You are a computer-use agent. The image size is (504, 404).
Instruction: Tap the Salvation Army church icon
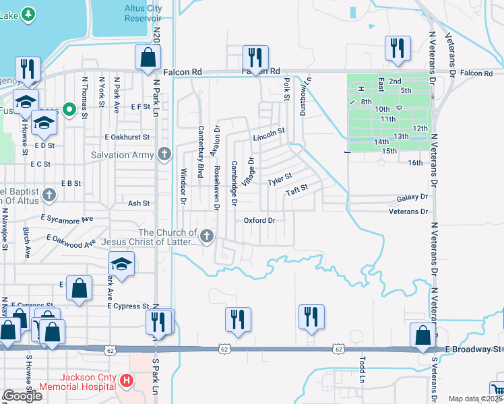coord(164,155)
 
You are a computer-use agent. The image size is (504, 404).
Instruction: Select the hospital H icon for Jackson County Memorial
coord(126,382)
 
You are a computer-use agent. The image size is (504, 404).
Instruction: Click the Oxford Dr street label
coord(260,220)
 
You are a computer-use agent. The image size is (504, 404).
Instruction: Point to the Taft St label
coord(296,191)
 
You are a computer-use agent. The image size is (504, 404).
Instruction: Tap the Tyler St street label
coord(280,180)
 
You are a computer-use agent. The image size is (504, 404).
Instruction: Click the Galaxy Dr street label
coord(412,197)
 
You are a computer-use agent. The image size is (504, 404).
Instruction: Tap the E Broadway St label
coord(474,349)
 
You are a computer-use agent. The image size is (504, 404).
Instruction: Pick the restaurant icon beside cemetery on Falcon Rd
coord(396,48)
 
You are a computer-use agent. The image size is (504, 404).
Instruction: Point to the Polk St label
coord(286,86)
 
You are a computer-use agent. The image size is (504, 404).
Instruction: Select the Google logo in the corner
coord(22,396)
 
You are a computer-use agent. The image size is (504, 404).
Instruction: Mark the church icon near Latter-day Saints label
coord(208,236)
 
